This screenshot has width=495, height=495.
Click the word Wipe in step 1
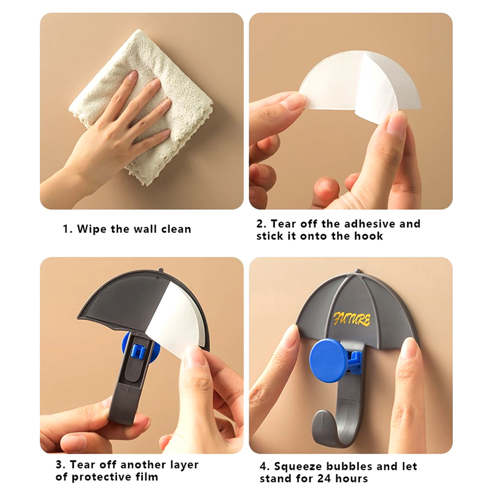[x=92, y=228]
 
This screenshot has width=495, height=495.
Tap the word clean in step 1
[x=176, y=228]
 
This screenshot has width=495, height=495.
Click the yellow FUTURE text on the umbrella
[x=352, y=319]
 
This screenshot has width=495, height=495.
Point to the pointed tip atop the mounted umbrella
[x=357, y=272]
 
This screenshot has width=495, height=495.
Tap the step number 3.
[x=60, y=465]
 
